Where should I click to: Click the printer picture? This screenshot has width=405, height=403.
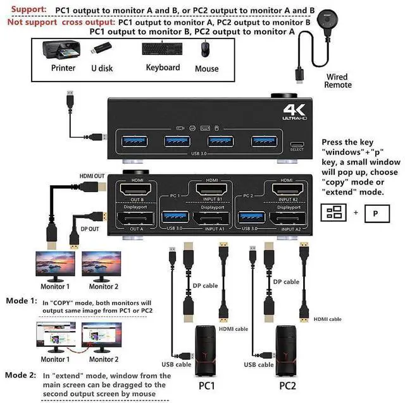[x=62, y=50]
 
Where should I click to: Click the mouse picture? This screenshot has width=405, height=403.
[x=206, y=50]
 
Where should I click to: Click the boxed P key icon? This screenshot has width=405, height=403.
[x=375, y=213]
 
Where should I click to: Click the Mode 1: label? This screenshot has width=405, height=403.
[x=21, y=301]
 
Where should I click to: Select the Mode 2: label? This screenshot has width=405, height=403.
[x=21, y=375]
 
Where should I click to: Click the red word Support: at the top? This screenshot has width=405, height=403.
[x=27, y=9]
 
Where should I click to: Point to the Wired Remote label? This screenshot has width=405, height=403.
[x=336, y=81]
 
